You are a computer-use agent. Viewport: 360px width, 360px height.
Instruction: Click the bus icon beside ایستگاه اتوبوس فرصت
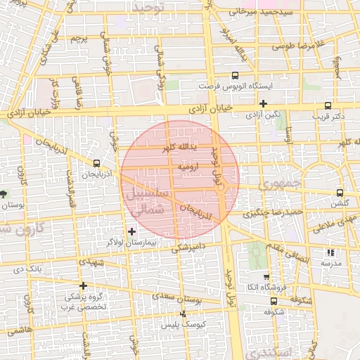[x=234, y=76]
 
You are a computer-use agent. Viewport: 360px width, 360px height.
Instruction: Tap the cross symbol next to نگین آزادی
[x=263, y=103]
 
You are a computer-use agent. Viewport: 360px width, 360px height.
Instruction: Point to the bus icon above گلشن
[x=340, y=193]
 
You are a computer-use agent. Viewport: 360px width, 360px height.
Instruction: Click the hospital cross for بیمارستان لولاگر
[x=131, y=231]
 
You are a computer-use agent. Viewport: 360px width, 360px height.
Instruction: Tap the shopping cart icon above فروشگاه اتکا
[x=265, y=277]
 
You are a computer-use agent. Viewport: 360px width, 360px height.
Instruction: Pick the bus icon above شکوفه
[x=274, y=301]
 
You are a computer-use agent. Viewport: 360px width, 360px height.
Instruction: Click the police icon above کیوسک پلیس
[x=183, y=314]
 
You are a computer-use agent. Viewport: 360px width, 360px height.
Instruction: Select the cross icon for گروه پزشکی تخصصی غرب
[x=83, y=285]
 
